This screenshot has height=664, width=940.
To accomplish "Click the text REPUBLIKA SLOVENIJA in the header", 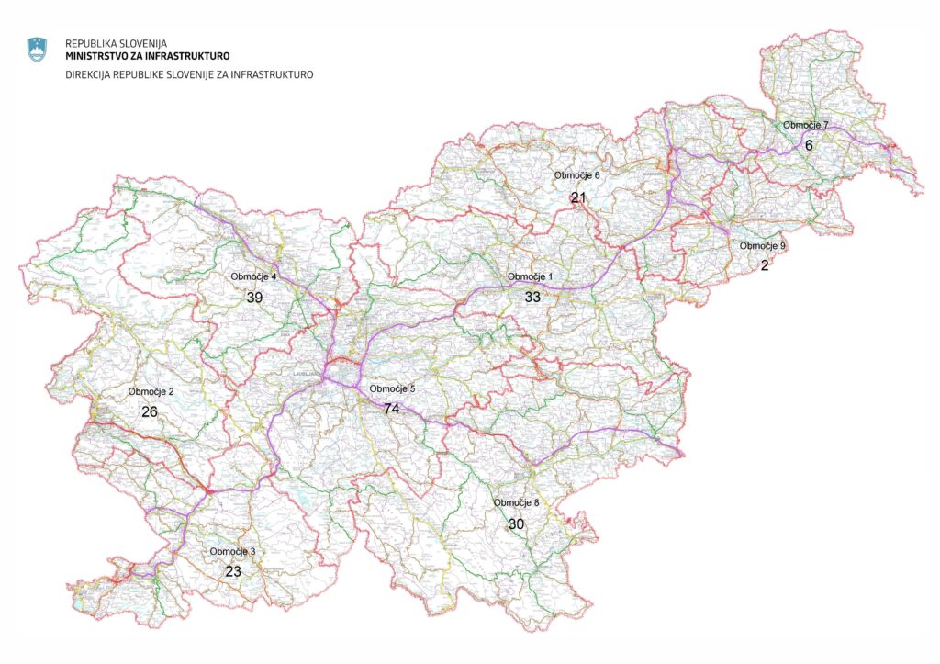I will point(116,43).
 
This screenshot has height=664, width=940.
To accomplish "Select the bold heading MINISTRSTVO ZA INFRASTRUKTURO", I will point(147,56).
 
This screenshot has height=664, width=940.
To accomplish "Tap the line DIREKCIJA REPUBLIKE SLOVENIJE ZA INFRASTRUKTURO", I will point(189,74).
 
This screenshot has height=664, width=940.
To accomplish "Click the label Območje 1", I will point(531,276).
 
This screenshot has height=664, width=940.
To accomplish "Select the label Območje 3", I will point(232,551).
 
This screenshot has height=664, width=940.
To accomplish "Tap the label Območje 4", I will point(253,276).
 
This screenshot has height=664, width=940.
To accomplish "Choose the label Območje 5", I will point(392,388).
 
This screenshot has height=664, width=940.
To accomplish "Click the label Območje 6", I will point(576,175).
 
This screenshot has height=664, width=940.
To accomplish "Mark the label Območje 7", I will point(805,125).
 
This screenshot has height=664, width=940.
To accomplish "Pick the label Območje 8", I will point(517,502).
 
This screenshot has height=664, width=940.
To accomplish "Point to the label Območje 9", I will point(763,246).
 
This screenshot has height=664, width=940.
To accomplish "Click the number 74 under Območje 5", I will point(392,409).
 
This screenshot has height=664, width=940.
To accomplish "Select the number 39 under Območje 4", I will point(254,297).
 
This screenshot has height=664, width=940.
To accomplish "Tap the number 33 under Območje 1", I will point(532,297).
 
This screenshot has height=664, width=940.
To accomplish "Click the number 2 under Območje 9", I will point(764,265).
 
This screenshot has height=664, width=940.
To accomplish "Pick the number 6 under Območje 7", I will point(809,145).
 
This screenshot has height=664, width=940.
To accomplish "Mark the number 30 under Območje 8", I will point(517,523).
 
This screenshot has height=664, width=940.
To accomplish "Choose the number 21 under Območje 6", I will point(577,197).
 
